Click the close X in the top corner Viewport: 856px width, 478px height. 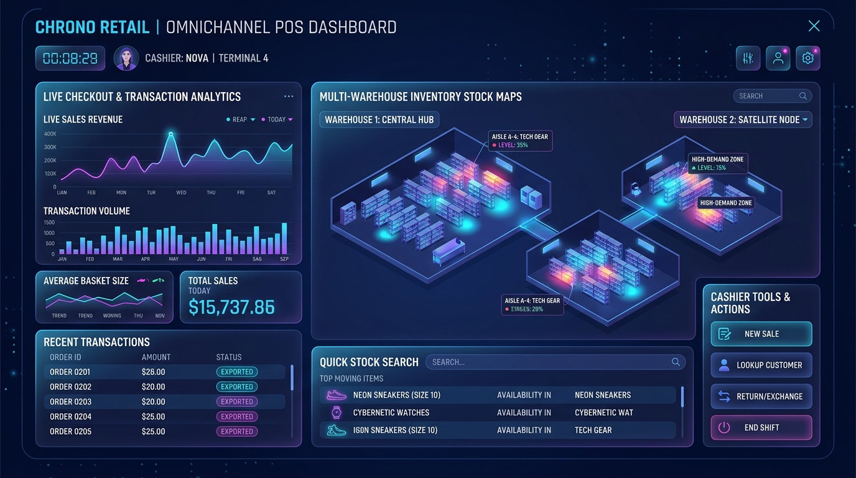(x=814, y=26)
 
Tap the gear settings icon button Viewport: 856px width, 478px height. (x=808, y=58)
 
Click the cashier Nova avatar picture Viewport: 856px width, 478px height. (x=126, y=58)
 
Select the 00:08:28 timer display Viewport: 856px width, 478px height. (x=70, y=58)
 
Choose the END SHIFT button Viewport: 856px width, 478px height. (x=761, y=428)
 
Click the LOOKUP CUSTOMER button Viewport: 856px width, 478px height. (x=761, y=365)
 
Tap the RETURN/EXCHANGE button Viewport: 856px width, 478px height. (x=761, y=396)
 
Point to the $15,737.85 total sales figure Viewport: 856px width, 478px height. (x=231, y=307)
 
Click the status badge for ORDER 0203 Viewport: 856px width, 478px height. (x=237, y=401)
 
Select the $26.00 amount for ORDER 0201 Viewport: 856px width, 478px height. (x=153, y=372)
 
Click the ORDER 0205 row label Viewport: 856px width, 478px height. (x=71, y=431)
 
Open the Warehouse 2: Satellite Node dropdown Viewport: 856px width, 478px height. (x=743, y=119)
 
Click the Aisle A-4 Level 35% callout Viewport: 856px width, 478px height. (x=520, y=141)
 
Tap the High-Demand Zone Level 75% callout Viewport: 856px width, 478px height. (x=718, y=163)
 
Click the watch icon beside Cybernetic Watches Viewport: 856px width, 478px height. (x=337, y=413)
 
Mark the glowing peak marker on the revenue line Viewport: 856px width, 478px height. (x=171, y=134)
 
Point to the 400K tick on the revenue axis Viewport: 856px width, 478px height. (x=50, y=134)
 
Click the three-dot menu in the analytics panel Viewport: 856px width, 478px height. (x=289, y=96)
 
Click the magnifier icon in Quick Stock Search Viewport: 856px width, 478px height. (x=676, y=362)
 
